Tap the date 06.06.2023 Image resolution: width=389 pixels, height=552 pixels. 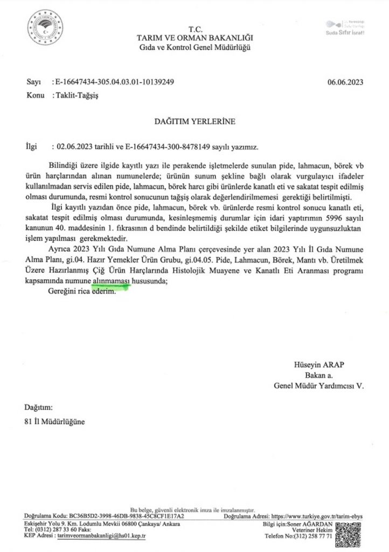click(x=345, y=82)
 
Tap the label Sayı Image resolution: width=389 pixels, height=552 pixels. click(x=33, y=82)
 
